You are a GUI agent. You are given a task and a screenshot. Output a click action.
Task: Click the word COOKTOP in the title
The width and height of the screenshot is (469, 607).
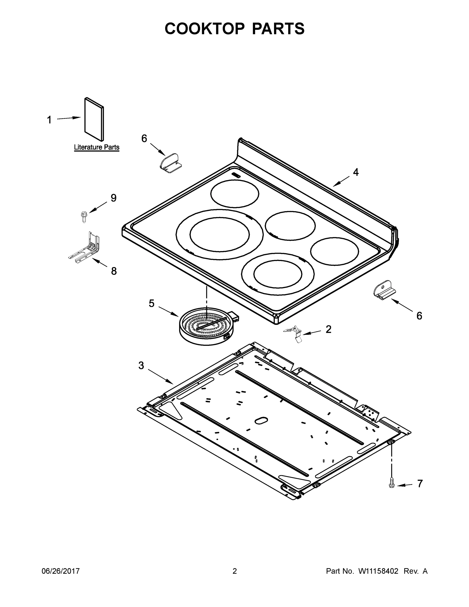[x=205, y=29]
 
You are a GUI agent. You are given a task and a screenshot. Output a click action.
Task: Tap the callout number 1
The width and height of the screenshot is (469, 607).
[x=49, y=120]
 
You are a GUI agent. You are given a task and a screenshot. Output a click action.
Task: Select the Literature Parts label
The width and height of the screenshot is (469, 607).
[x=96, y=147]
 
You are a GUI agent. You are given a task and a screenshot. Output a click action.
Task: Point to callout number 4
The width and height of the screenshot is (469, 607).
[x=356, y=172]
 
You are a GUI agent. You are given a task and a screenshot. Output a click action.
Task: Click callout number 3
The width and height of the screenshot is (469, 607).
[x=141, y=365]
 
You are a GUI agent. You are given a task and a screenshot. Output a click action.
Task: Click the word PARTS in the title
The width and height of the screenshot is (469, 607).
[x=278, y=29]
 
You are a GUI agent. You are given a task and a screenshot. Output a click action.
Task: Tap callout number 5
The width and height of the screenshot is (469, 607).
[x=151, y=303]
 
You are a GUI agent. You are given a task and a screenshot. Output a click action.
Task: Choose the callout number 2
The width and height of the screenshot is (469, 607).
[x=328, y=329]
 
